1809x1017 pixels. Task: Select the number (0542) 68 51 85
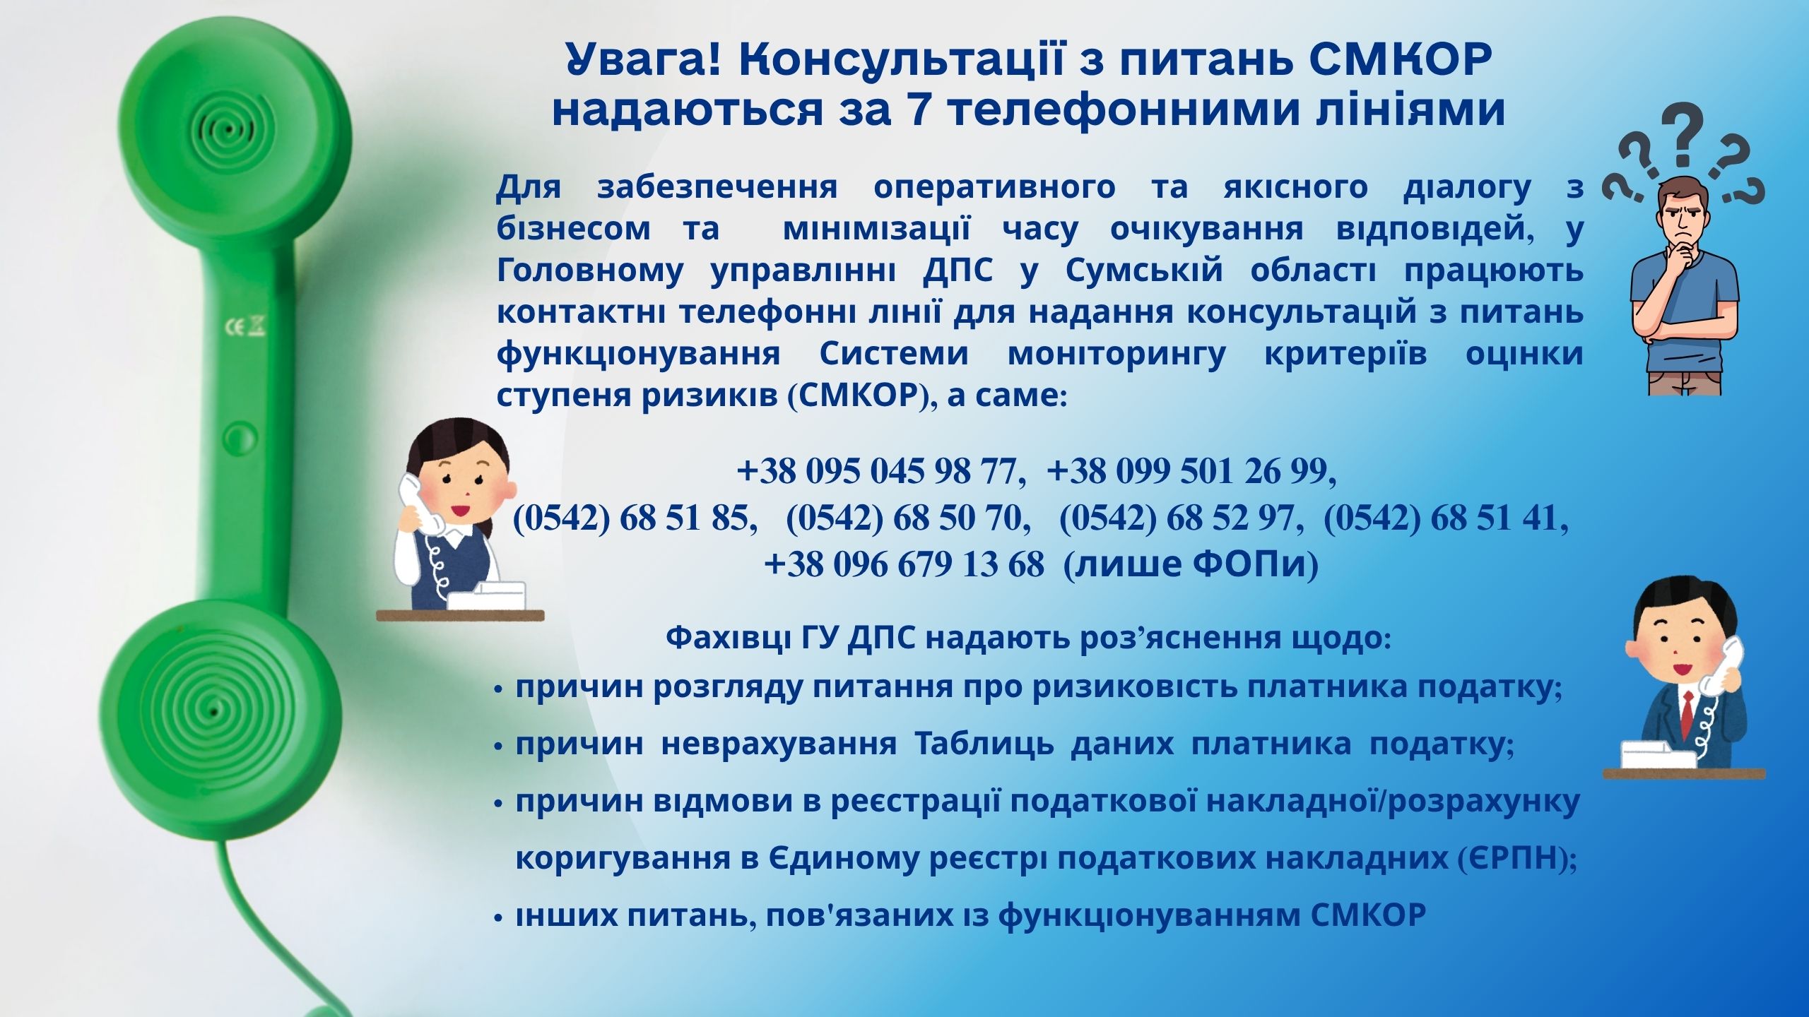click(630, 518)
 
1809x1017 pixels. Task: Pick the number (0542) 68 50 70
click(904, 518)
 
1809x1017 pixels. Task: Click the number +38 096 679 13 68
click(904, 564)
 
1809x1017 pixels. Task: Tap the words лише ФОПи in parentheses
click(1191, 564)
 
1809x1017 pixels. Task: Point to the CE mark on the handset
click(244, 327)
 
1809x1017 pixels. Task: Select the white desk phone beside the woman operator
click(488, 595)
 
